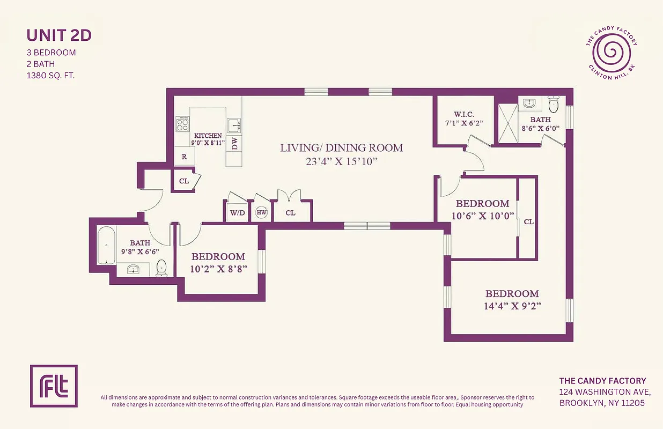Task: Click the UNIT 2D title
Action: [59, 35]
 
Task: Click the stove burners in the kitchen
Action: [183, 124]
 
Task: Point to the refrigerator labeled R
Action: [184, 157]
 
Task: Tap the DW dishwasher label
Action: [234, 143]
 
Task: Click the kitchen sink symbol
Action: [234, 125]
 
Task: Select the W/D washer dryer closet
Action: [237, 213]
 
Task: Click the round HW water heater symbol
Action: [262, 213]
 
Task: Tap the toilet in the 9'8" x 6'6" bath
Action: [161, 267]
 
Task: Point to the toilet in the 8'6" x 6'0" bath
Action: [554, 103]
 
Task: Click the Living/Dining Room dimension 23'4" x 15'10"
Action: [341, 161]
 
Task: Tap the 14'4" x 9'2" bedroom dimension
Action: [512, 307]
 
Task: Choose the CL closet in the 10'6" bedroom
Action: [528, 221]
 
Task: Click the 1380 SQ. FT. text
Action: [50, 76]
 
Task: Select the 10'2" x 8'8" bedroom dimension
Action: [218, 269]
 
